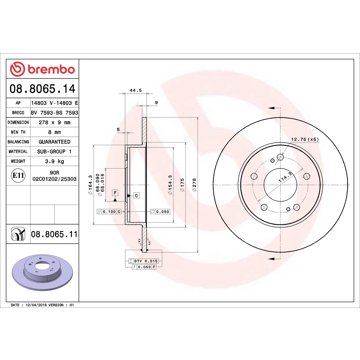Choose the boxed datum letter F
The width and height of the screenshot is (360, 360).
click(x=117, y=190)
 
